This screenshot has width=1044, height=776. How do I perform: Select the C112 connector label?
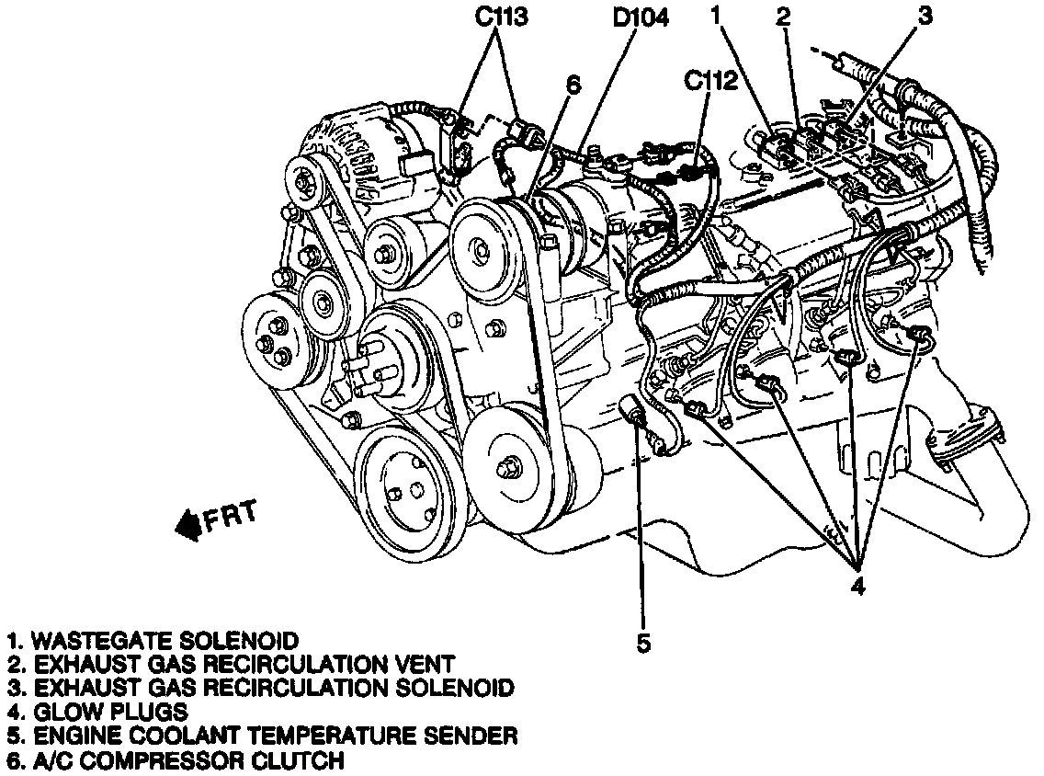pos(709,81)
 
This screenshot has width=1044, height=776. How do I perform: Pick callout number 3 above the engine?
pos(925,15)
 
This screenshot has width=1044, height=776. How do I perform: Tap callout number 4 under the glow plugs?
pos(857,585)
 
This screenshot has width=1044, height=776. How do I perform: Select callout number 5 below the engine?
pos(643,643)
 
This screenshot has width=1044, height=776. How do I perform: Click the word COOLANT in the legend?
pos(171,736)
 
